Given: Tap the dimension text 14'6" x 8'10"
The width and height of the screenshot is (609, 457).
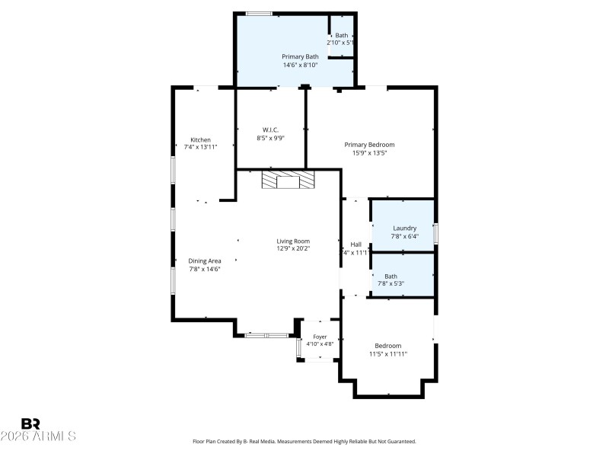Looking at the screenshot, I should pyautogui.click(x=299, y=65).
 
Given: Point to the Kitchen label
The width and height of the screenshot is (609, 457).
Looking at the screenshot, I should pyautogui.click(x=200, y=139).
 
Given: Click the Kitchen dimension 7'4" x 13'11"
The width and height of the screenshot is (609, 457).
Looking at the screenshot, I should pyautogui.click(x=200, y=147).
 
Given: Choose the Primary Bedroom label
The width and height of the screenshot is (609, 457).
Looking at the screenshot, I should pyautogui.click(x=369, y=145).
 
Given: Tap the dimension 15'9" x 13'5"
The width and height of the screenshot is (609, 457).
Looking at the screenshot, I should pyautogui.click(x=369, y=153).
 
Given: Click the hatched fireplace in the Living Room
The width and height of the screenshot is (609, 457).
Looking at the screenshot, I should pyautogui.click(x=288, y=180).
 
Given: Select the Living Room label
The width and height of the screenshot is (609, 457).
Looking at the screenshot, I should pyautogui.click(x=292, y=241).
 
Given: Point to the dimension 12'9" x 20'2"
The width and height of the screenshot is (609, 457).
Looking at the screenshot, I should pyautogui.click(x=292, y=248).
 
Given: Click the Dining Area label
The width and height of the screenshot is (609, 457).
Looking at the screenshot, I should pyautogui.click(x=205, y=260).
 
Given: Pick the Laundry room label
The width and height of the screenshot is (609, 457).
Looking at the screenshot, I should pyautogui.click(x=404, y=228).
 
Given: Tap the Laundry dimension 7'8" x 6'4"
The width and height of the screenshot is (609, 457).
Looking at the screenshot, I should pyautogui.click(x=404, y=236).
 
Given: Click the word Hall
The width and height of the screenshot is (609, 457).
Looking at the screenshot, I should pyautogui.click(x=356, y=244).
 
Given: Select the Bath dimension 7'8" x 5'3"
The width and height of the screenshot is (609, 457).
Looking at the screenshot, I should pyautogui.click(x=391, y=284).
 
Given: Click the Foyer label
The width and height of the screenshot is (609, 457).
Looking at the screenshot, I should pyautogui.click(x=320, y=336).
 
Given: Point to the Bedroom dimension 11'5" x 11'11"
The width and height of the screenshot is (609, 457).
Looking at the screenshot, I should pyautogui.click(x=388, y=353).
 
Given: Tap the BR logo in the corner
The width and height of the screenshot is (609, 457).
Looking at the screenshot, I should pyautogui.click(x=31, y=423).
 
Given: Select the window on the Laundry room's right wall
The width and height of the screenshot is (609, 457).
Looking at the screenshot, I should pyautogui.click(x=436, y=233).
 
